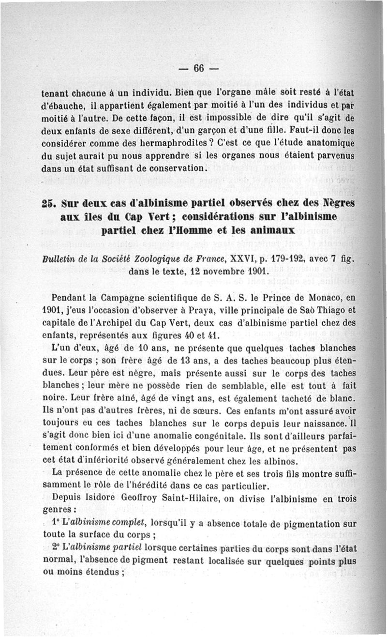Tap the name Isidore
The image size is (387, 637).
click(x=114, y=497)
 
